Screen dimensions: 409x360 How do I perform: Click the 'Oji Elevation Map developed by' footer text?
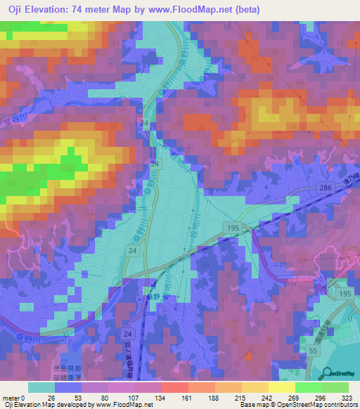tap(46, 405)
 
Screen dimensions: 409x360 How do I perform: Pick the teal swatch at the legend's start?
tap(41, 387)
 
